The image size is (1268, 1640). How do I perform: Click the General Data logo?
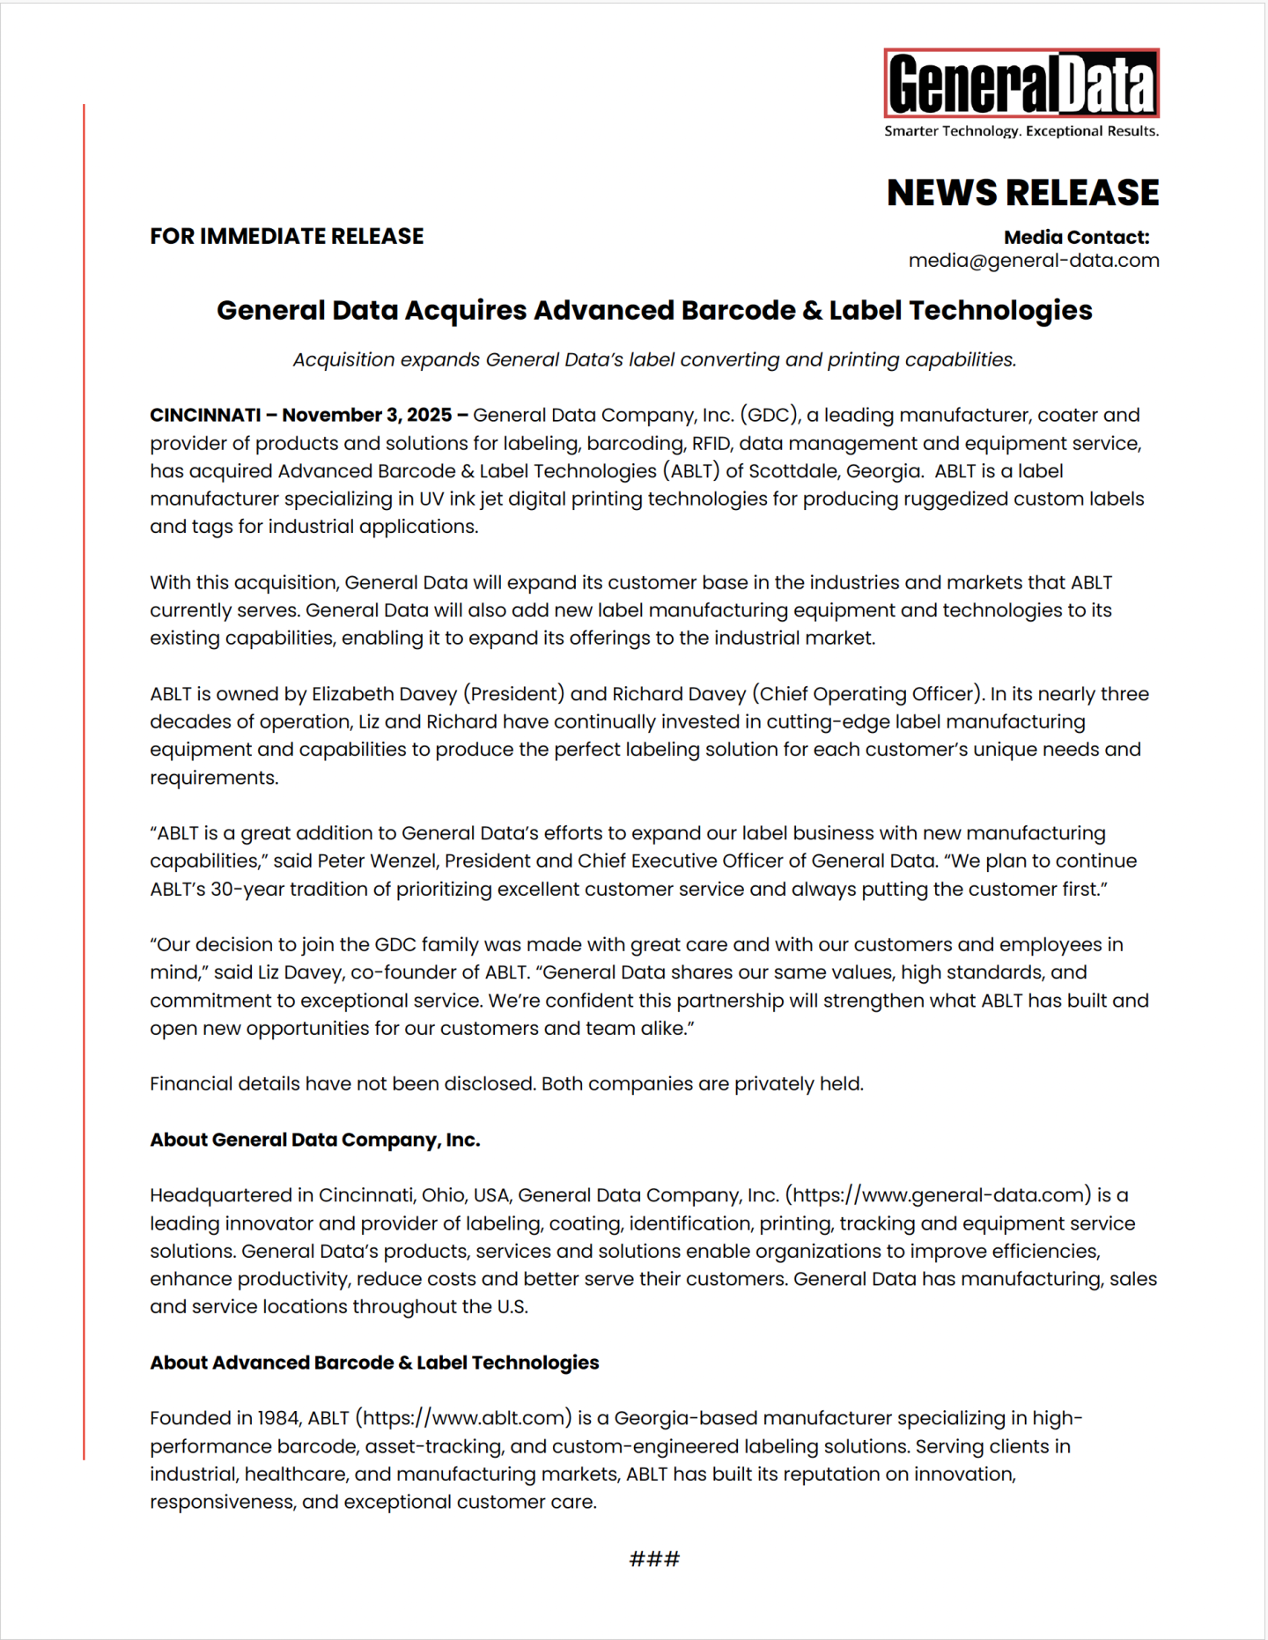(x=1021, y=85)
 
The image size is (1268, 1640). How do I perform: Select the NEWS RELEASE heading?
(x=1022, y=193)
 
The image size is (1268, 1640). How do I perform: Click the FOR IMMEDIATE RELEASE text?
(x=286, y=236)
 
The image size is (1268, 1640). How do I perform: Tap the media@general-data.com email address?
(x=1033, y=261)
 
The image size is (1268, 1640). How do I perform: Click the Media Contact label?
(x=1076, y=237)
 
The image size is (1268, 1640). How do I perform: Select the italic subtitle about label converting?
(x=654, y=359)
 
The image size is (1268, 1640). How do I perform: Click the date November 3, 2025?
(x=366, y=415)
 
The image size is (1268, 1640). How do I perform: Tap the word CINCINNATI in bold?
(x=205, y=415)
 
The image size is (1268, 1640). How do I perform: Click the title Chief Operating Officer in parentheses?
(x=866, y=694)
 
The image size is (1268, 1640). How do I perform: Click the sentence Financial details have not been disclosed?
(x=343, y=1083)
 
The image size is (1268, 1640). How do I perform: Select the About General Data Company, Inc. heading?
(x=314, y=1140)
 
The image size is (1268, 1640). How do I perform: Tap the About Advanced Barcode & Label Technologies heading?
(x=374, y=1363)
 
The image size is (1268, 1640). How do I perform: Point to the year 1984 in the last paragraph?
(x=278, y=1418)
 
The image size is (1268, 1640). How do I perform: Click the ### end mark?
(x=654, y=1559)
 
